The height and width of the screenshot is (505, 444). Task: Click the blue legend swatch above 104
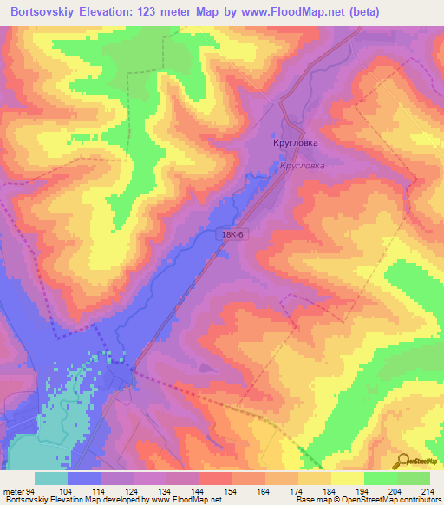click(x=83, y=478)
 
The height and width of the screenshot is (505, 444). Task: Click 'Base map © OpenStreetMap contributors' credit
click(x=366, y=500)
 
